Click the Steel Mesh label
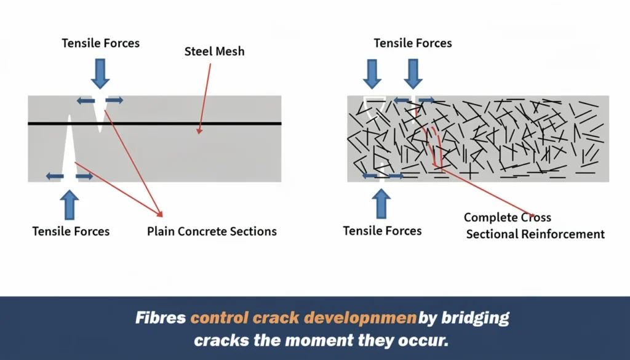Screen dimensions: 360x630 pos(214,52)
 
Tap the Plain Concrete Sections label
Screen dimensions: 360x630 pos(212,231)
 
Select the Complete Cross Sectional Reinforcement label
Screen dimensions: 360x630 pos(534,226)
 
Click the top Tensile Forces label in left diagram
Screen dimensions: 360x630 pos(100,43)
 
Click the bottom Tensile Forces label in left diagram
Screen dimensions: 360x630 pos(71,231)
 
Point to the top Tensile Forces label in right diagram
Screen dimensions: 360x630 pos(413,43)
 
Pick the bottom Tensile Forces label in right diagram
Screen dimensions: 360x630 pos(382,231)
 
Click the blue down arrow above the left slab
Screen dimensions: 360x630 pos(100,74)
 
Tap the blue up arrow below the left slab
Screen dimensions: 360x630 pos(70,204)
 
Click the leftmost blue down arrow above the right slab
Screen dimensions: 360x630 pos(372,74)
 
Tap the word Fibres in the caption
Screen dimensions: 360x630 pos(161,318)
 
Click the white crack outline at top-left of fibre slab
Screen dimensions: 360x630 pos(374,108)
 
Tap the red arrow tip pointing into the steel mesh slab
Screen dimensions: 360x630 pos(198,131)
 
